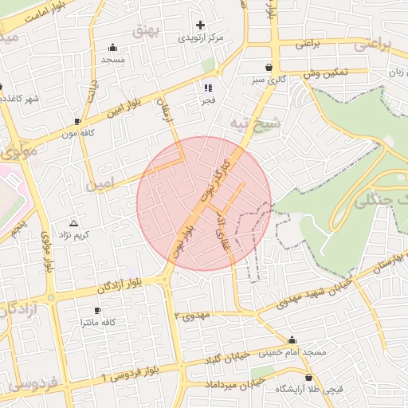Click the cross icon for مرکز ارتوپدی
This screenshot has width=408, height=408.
tap(200, 25)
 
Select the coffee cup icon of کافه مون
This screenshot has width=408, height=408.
tap(77, 121)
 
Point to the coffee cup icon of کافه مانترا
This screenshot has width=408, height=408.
tap(97, 309)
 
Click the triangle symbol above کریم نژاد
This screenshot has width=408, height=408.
tap(74, 223)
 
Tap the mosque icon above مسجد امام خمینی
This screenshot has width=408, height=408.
tap(292, 339)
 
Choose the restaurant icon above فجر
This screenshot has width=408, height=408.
tap(208, 88)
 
